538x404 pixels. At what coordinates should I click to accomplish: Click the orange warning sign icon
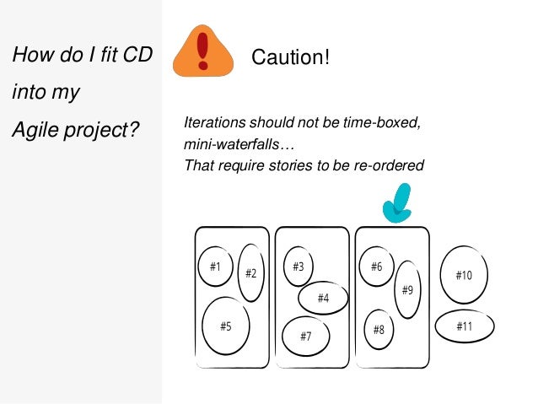pos(202,51)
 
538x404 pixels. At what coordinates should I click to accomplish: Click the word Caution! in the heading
pos(291,58)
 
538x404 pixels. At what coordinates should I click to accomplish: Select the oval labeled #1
pos(215,267)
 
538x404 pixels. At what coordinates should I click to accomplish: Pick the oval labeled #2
pos(250,272)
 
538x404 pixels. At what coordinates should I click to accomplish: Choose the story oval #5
pos(225,326)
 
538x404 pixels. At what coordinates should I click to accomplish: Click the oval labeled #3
pos(299,267)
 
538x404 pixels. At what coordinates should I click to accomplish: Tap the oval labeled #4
pos(323,298)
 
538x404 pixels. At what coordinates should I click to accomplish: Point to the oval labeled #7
pos(305,336)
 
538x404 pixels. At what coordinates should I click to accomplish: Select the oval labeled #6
pos(376,267)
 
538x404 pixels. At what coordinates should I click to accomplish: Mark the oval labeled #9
pos(406,289)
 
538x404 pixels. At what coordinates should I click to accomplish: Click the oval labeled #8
pos(379,329)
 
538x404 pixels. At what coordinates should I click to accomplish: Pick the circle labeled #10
pos(464,275)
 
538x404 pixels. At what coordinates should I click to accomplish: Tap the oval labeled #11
pos(464,326)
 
